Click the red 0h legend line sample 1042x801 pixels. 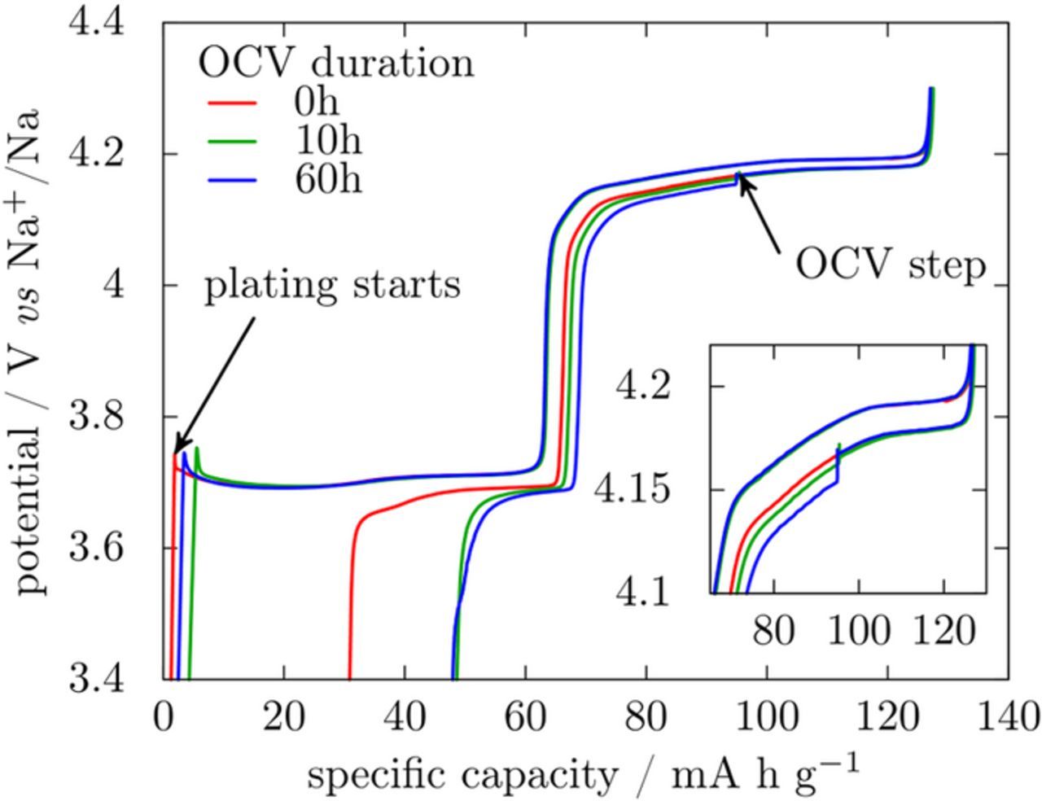click(233, 103)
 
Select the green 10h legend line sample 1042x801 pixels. click(233, 142)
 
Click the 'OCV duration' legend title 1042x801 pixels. click(335, 63)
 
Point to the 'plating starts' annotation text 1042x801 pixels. click(332, 285)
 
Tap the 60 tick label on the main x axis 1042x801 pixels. click(525, 718)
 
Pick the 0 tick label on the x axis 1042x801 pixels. click(162, 718)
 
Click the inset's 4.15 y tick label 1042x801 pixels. click(642, 490)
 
